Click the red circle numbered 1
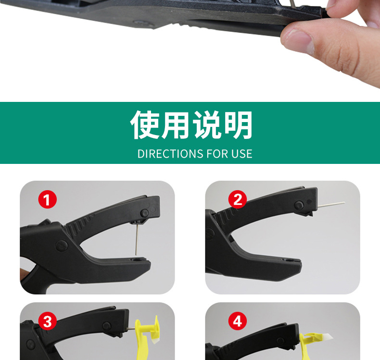pos(47,199)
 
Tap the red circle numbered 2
pos(237,199)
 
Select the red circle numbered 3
pos(47,321)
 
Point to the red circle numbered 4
pos(237,321)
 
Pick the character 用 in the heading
pos(176,125)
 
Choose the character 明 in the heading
pos(238,125)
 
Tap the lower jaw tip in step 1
pos(142,262)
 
